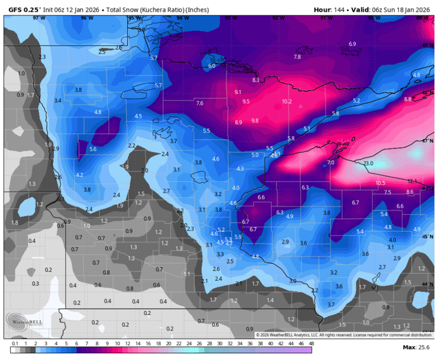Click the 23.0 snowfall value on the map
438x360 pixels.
(x=368, y=164)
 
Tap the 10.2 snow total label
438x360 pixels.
(x=287, y=102)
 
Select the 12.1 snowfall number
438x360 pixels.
(x=412, y=181)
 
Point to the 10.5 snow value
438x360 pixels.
(x=380, y=183)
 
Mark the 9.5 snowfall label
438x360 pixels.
(x=246, y=102)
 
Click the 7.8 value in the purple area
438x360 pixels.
(x=297, y=57)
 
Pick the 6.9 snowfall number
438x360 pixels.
(x=352, y=44)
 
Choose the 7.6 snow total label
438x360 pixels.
(x=200, y=103)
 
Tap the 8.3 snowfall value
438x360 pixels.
(x=255, y=80)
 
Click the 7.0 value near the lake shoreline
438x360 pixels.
(x=331, y=163)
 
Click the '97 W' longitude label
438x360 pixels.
(x=38, y=18)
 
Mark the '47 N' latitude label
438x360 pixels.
(x=427, y=140)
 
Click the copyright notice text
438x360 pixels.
(x=344, y=335)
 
